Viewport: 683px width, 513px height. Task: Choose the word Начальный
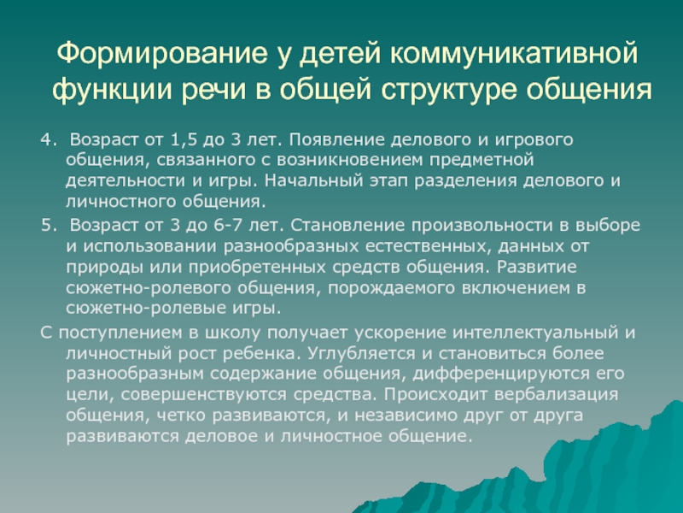[x=313, y=180]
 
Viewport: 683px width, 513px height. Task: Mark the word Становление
[x=347, y=225]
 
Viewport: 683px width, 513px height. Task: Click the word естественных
[x=424, y=246]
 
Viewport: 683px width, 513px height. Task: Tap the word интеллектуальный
[x=535, y=333]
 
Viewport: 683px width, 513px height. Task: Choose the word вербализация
[x=557, y=395]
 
